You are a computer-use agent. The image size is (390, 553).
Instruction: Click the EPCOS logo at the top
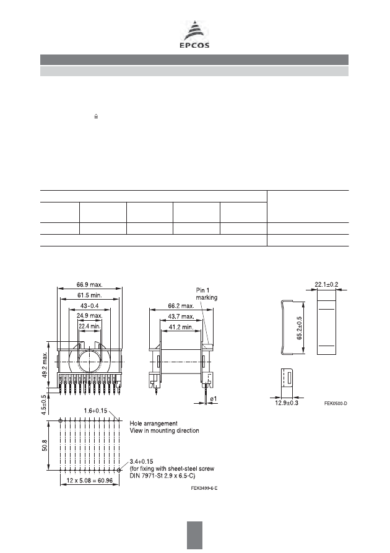[x=194, y=35]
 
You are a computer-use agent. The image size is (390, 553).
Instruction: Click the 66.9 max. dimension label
[x=90, y=285]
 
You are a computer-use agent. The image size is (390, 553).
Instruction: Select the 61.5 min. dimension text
[x=90, y=295]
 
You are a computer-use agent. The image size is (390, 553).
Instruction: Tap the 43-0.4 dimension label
[x=90, y=305]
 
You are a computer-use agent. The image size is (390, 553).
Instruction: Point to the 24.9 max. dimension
[x=90, y=316]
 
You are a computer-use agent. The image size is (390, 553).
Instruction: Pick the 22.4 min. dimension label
[x=90, y=326]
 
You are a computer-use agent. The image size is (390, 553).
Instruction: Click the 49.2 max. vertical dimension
[x=45, y=365]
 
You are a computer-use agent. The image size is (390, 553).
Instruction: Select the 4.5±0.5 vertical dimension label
[x=44, y=405]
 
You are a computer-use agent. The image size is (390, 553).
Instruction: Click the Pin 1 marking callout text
[x=207, y=294]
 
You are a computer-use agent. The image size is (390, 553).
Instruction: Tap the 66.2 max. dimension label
[x=181, y=306]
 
